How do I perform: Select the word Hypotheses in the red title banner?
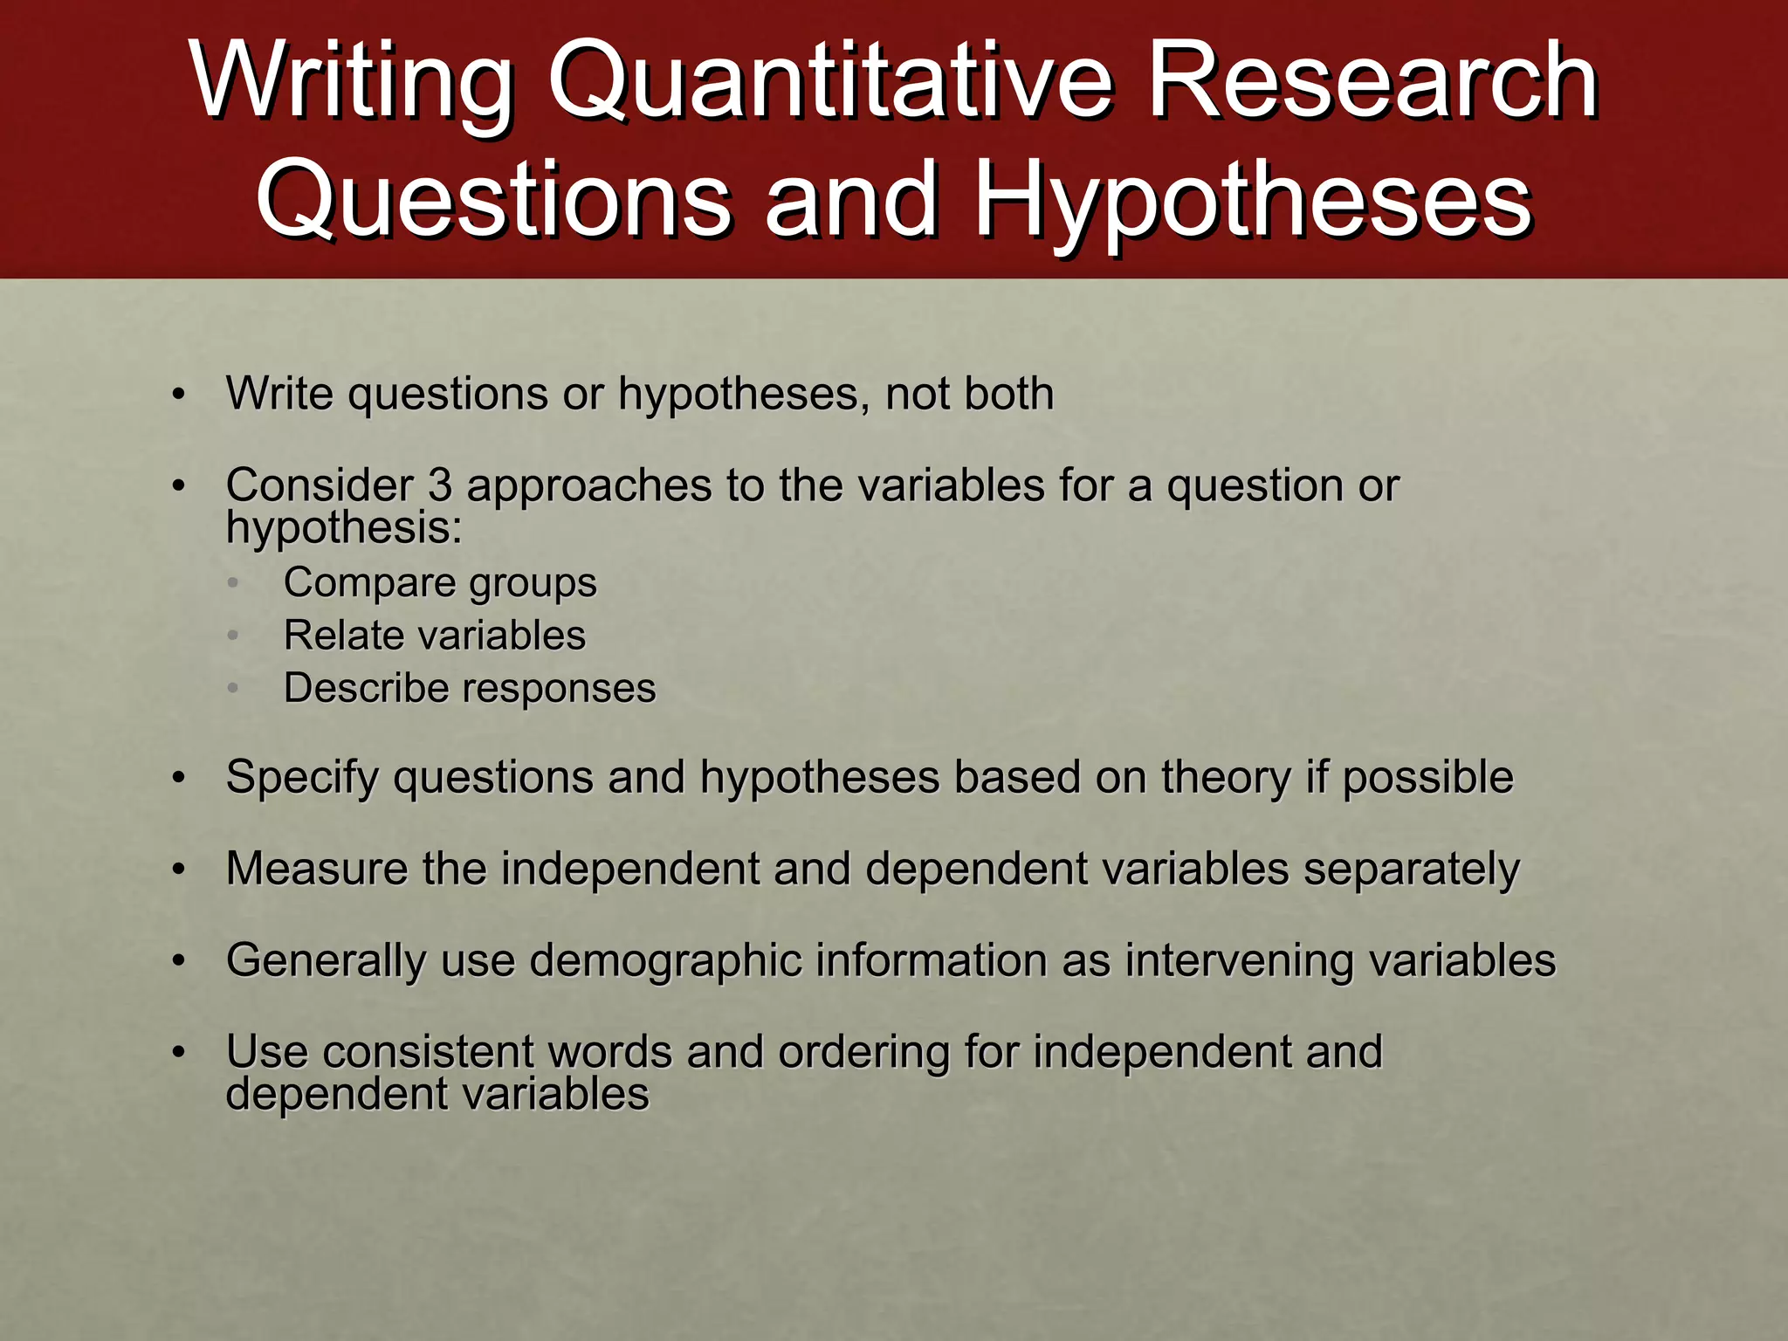[x=1253, y=201]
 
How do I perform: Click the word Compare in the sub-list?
[x=366, y=582]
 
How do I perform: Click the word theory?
[x=1225, y=778]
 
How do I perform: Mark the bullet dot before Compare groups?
[x=232, y=583]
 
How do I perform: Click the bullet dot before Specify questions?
[x=179, y=778]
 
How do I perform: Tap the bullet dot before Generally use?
[x=179, y=961]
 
